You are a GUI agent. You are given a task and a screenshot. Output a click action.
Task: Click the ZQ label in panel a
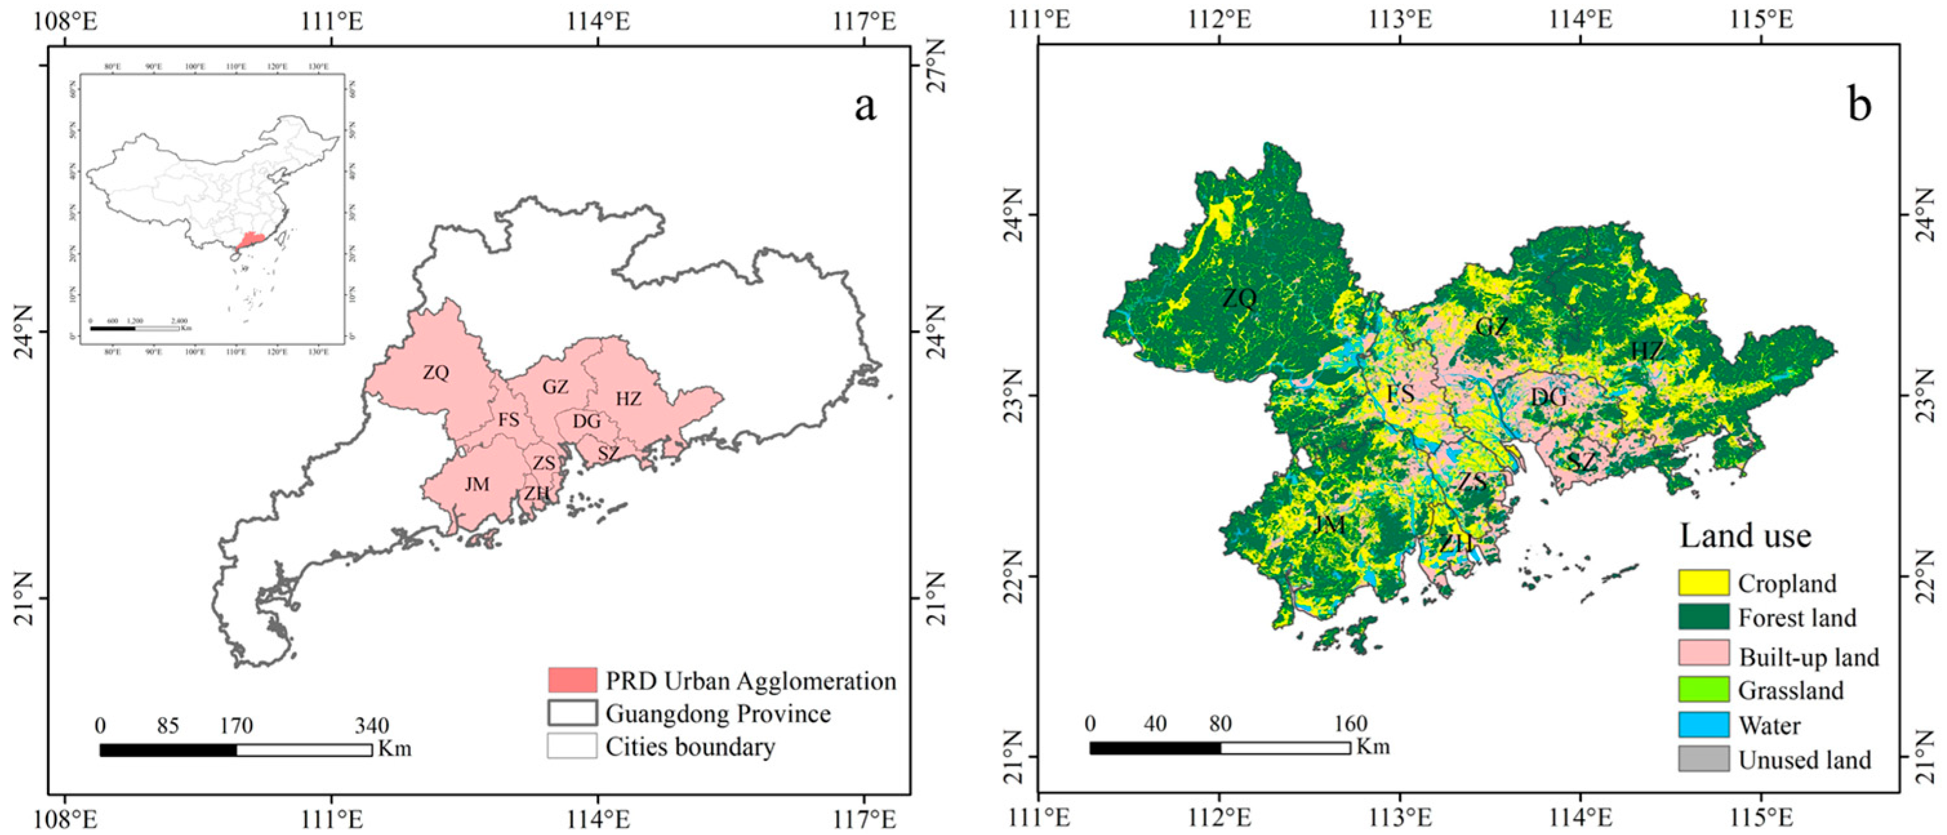coord(436,373)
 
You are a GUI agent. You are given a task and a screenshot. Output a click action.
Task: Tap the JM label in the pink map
coord(477,484)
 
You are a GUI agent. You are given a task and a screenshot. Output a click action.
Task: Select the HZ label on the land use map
coord(1646,351)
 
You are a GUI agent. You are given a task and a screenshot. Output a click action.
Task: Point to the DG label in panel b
coord(1549,397)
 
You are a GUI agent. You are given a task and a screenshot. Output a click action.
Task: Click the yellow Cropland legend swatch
coord(1703,583)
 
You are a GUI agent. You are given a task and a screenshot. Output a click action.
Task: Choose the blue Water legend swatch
coord(1703,725)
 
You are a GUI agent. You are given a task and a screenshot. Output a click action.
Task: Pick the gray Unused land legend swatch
coord(1703,759)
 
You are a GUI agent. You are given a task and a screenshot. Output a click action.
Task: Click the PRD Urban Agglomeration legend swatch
coord(572,680)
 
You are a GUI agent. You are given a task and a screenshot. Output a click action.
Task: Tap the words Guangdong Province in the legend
coord(718,713)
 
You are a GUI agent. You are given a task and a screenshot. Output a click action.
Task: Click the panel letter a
coord(865,106)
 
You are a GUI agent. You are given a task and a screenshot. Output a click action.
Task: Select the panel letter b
coord(1859,105)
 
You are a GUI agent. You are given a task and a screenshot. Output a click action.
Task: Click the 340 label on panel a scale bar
coord(372,726)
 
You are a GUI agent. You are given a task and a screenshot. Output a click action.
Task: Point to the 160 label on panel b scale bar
coord(1350,724)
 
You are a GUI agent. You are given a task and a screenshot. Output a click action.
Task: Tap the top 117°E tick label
coord(865,21)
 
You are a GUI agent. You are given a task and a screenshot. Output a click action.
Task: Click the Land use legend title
coord(1745,536)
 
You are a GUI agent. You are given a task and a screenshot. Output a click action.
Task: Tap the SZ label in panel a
coord(609,453)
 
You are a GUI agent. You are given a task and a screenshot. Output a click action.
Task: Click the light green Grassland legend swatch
coord(1703,689)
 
